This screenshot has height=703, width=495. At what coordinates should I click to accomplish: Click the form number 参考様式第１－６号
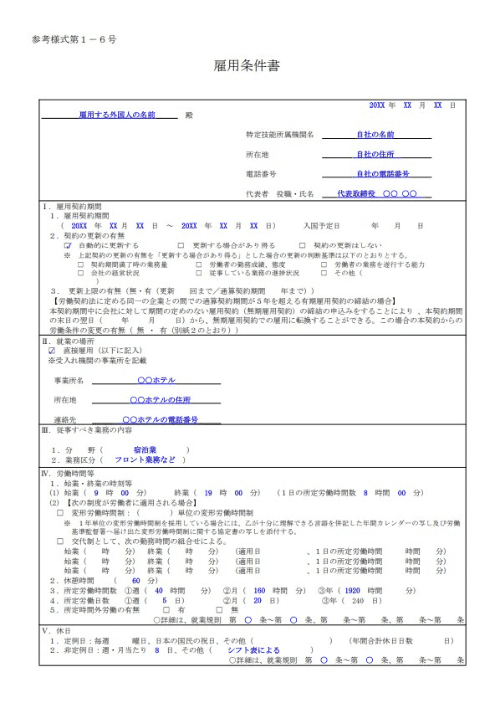pyautogui.click(x=74, y=39)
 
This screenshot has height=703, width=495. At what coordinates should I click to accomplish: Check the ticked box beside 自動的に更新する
pyautogui.click(x=69, y=245)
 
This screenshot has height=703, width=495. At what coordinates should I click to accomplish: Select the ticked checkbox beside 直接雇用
pyautogui.click(x=52, y=350)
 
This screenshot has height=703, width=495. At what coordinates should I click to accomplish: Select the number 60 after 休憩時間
pyautogui.click(x=137, y=580)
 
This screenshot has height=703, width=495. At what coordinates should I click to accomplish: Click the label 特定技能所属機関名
pyautogui.click(x=279, y=134)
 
